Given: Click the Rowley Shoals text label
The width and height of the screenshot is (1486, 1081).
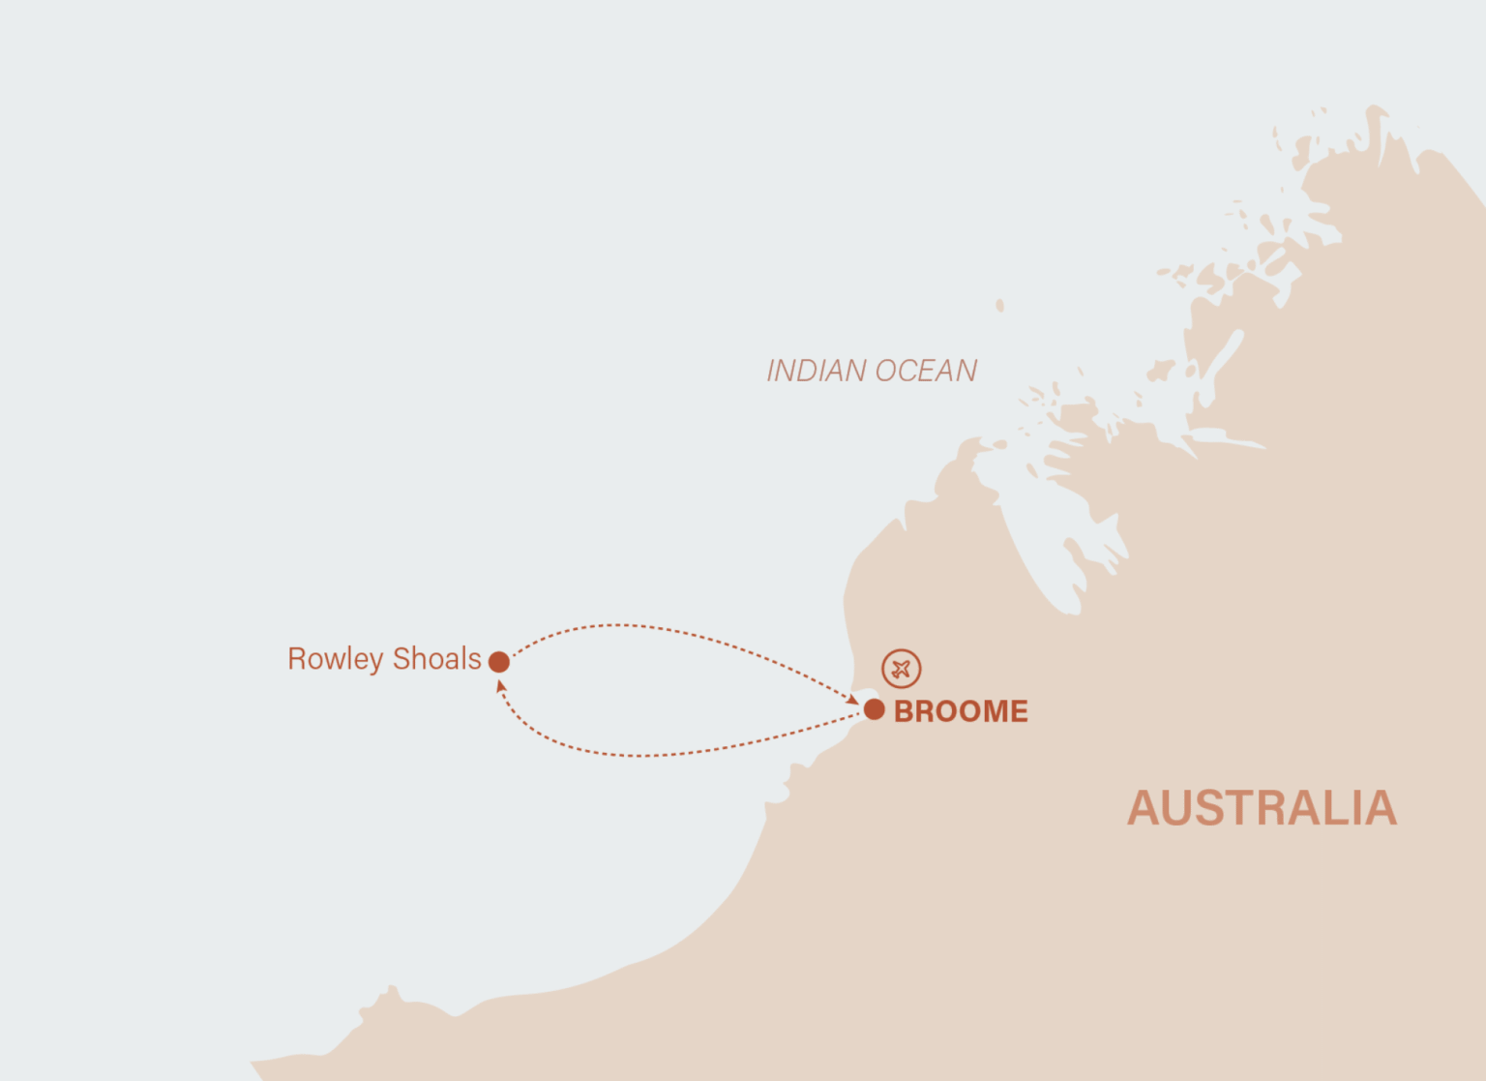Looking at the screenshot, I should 384,659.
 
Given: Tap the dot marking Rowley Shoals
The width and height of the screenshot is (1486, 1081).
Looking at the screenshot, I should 499,662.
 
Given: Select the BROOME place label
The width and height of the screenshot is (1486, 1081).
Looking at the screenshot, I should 960,711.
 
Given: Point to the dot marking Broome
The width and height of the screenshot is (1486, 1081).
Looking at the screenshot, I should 875,709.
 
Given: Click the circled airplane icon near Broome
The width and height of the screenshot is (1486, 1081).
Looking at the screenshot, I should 901,669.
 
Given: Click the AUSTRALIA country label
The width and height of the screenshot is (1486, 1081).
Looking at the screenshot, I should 1262,808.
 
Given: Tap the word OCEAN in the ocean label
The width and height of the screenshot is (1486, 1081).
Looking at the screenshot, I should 925,371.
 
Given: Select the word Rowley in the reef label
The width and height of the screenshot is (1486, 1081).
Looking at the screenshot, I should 335,659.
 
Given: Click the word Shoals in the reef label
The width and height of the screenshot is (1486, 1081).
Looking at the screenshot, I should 436,659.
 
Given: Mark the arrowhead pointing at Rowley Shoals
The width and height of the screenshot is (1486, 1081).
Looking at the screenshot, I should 500,685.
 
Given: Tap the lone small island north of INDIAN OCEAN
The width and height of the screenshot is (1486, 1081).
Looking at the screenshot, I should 999,306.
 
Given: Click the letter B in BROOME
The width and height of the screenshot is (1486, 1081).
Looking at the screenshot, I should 905,711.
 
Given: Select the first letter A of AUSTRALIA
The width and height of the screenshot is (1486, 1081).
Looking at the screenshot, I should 1145,808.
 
